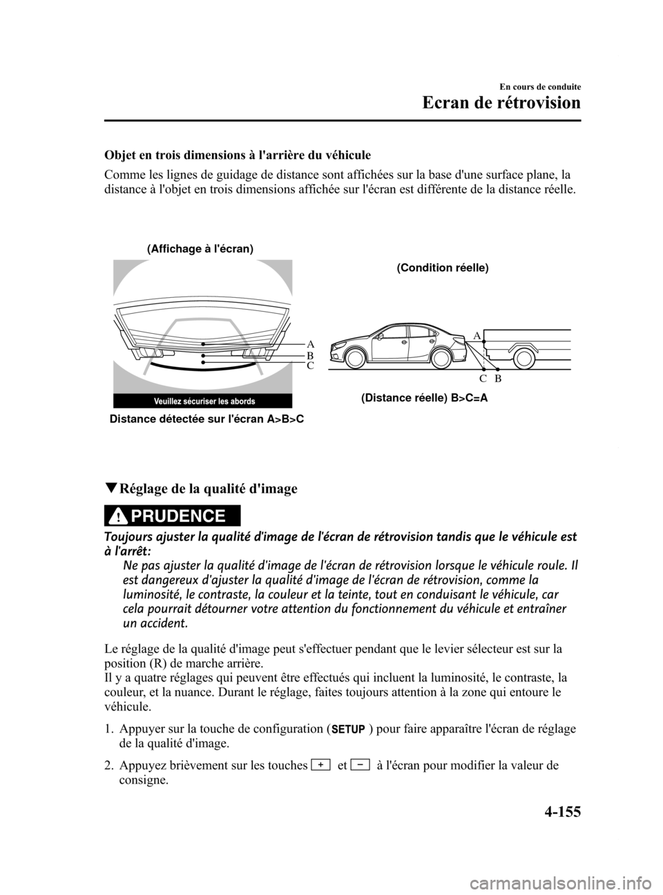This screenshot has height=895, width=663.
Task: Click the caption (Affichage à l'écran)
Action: coord(200,248)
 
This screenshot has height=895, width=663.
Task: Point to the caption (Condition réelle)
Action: coord(443,267)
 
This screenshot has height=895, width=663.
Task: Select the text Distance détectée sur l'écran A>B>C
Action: coord(207,419)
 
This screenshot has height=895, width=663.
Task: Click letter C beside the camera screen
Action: coord(311,366)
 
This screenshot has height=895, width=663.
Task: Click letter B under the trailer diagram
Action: coord(497,379)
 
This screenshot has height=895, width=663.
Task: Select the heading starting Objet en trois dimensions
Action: coord(238,154)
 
